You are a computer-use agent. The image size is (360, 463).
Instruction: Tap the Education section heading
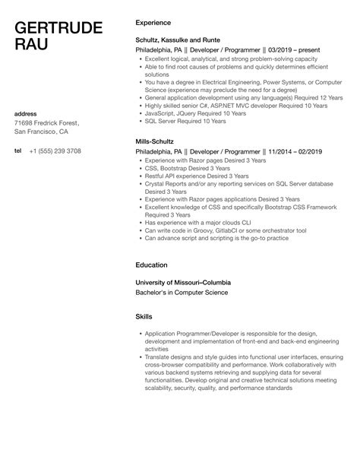pyautogui.click(x=152, y=265)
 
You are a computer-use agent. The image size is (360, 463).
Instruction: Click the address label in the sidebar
pyautogui.click(x=27, y=114)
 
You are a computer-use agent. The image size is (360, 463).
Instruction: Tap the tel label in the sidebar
pyautogui.click(x=17, y=151)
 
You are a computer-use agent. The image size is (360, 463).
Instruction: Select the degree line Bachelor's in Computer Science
pyautogui.click(x=182, y=292)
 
